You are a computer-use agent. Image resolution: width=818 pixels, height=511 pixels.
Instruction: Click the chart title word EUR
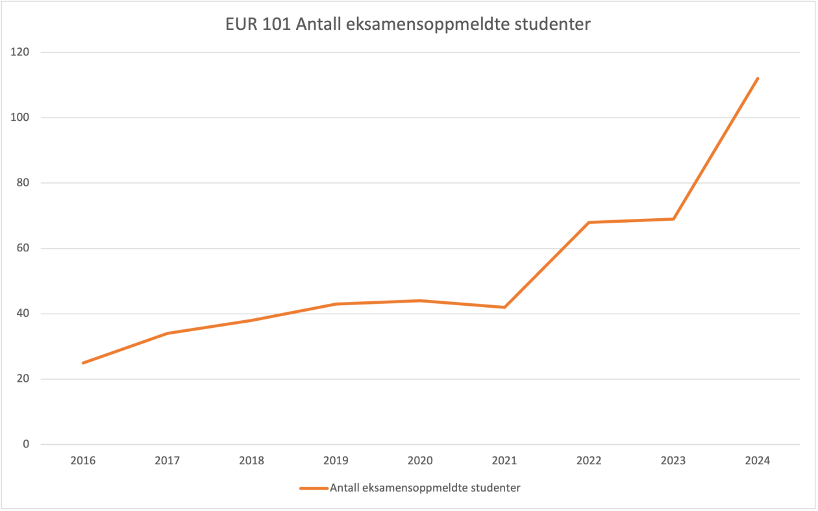(x=242, y=25)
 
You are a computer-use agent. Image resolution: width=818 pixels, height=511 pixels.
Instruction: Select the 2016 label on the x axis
(x=83, y=461)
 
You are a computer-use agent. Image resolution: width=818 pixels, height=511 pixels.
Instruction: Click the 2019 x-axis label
(x=336, y=461)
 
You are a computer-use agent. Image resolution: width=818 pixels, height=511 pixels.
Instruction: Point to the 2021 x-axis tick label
(x=504, y=461)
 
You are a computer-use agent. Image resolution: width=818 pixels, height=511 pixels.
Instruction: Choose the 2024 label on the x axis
(x=757, y=461)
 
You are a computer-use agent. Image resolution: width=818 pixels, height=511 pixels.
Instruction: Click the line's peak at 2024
(x=757, y=79)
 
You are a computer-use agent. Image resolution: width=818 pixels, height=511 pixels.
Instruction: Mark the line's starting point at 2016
(x=83, y=363)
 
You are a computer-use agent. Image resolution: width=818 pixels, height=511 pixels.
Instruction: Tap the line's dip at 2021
(x=504, y=307)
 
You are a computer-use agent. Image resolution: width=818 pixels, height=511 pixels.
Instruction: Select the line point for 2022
(x=589, y=222)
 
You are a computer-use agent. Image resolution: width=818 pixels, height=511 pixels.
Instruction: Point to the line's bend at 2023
(x=673, y=219)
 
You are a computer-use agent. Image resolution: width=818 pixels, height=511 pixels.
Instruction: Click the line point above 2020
(x=420, y=301)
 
